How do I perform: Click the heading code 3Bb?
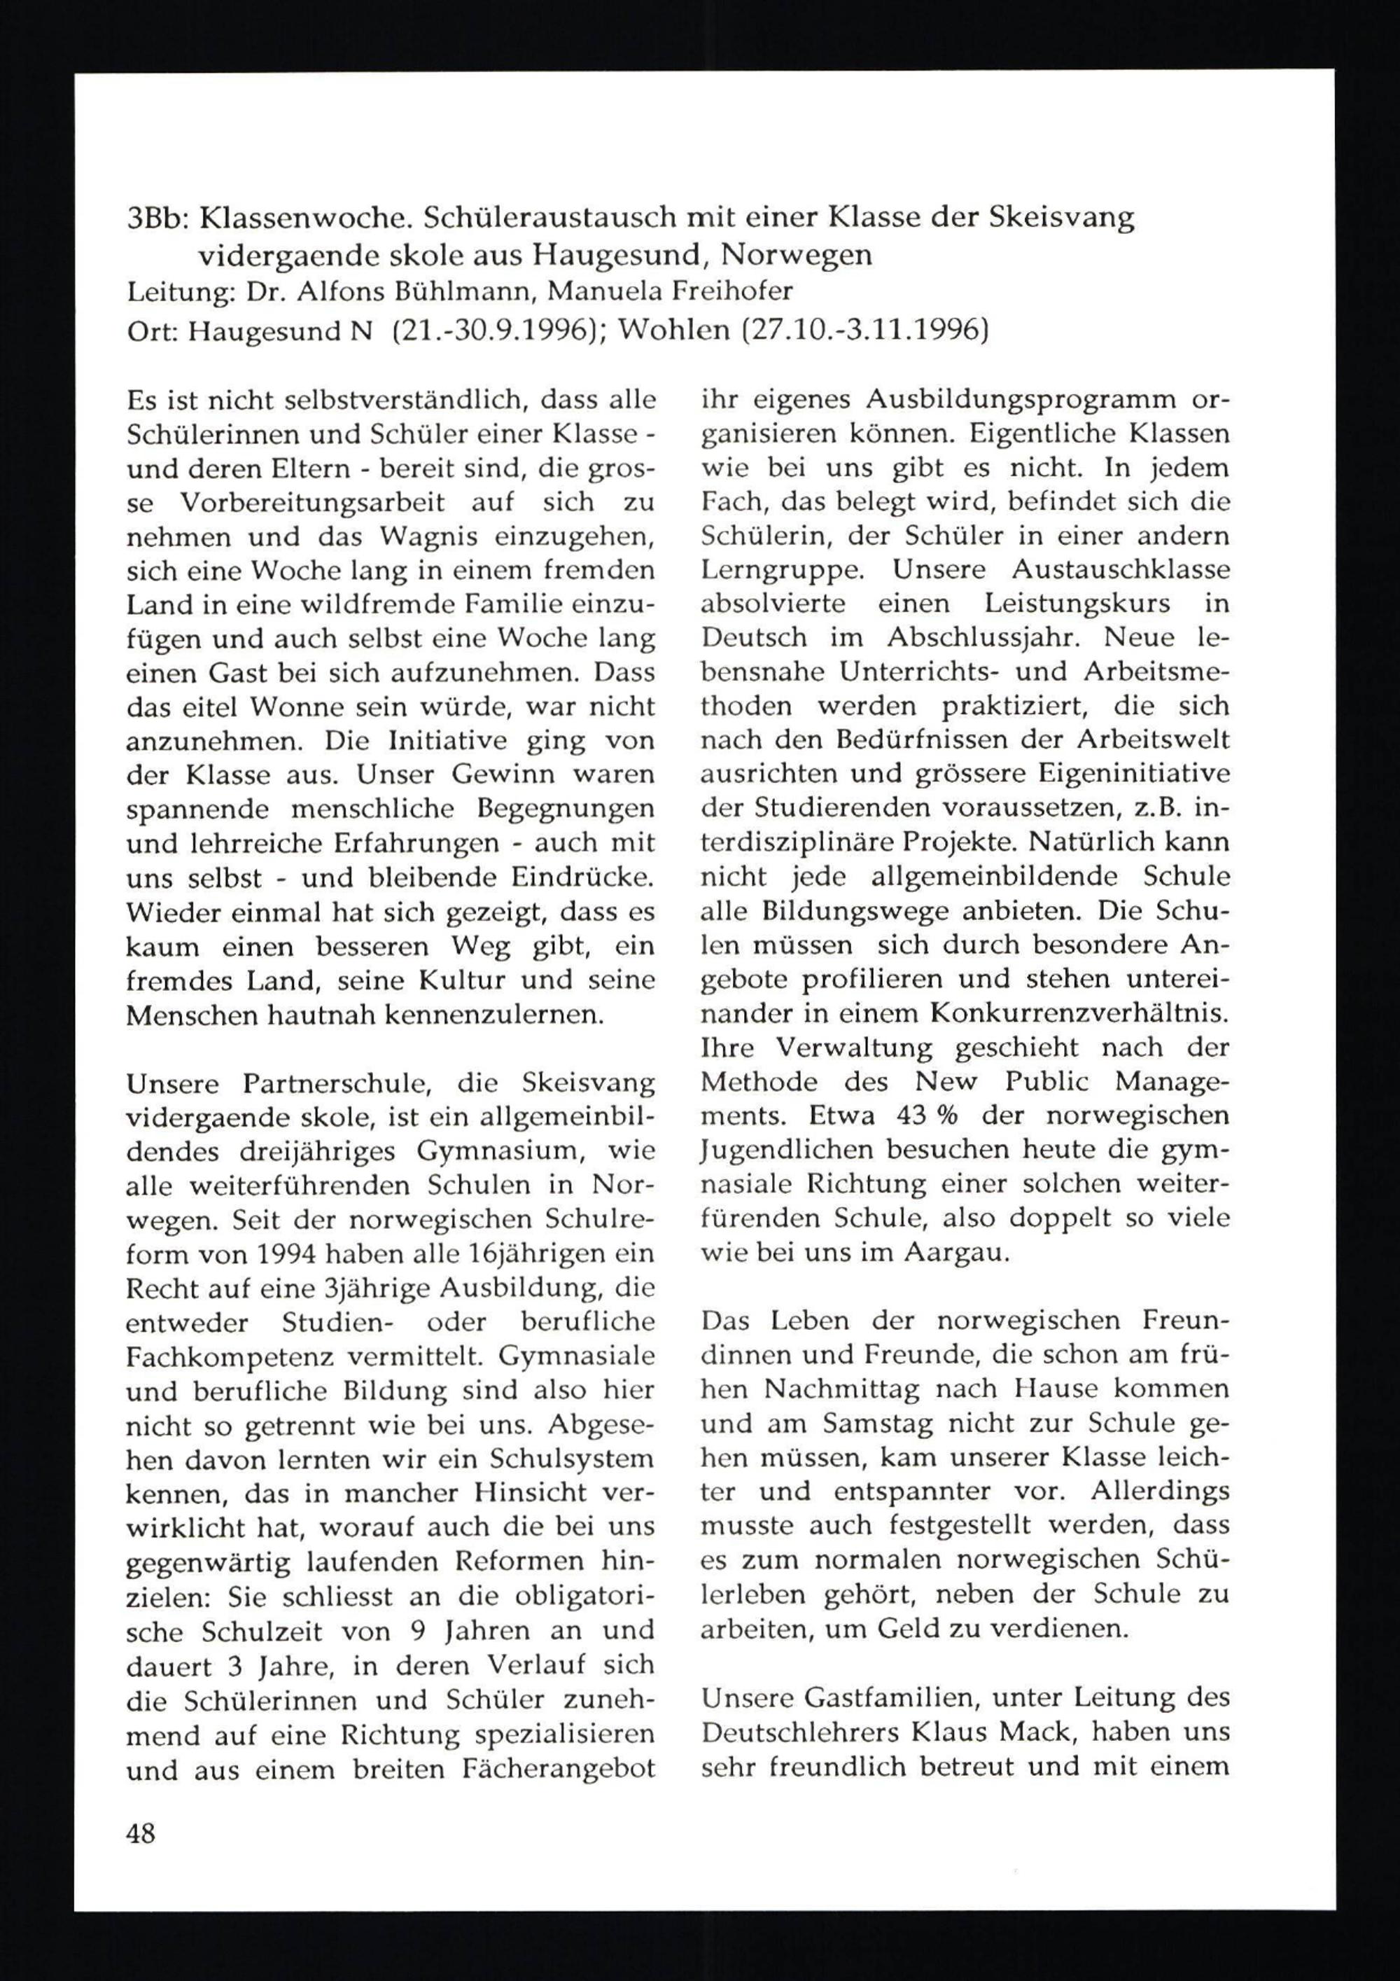(158, 218)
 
